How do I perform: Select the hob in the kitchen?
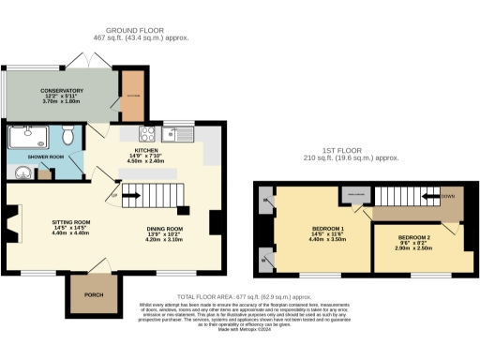tap(147, 131)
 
